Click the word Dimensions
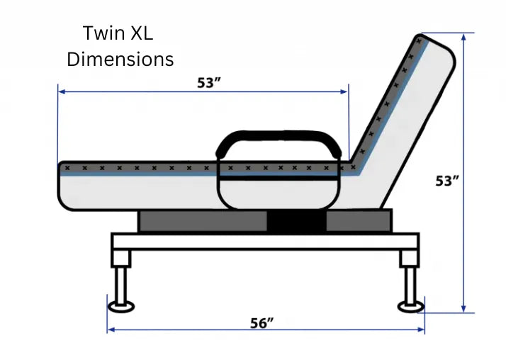tap(120, 59)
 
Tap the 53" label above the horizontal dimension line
tap(210, 81)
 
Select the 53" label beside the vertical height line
tap(447, 181)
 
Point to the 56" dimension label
tap(262, 323)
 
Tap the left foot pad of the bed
tap(122, 307)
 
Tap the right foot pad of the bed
tap(410, 307)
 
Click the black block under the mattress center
tap(296, 220)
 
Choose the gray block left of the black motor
tap(202, 220)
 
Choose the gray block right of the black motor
tap(358, 220)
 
